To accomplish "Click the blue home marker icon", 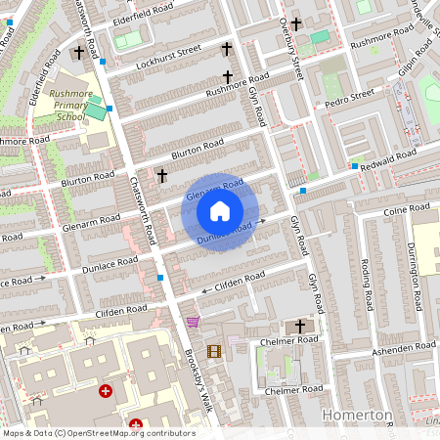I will (x=220, y=211).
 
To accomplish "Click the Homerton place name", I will (x=359, y=416).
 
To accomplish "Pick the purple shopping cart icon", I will (x=193, y=321).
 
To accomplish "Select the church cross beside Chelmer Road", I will (x=300, y=326).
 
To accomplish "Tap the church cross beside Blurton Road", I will (x=162, y=175).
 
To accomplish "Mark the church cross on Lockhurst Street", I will (x=227, y=48).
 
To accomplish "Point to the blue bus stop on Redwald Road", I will (x=354, y=166).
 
